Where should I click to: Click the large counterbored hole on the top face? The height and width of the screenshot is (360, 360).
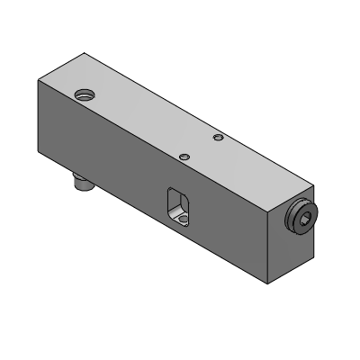pos(85,94)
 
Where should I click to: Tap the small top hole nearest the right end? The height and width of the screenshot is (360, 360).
pos(217,138)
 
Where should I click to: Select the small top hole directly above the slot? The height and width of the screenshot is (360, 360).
pos(184,156)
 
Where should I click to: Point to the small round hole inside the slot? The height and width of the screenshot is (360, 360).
pos(183,217)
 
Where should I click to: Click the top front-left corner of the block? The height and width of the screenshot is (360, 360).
pos(37,81)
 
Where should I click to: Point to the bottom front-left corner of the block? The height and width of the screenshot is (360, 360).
pos(37,154)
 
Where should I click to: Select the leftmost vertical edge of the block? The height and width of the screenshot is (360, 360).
pos(37,117)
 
